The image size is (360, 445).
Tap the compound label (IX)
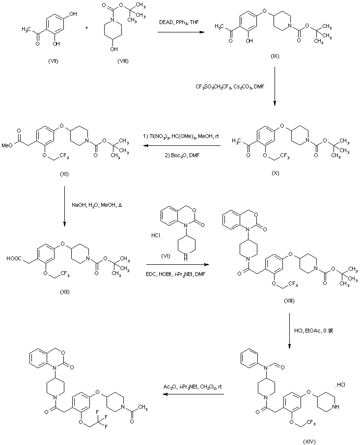pos(275,57)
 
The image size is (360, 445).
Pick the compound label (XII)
pos(64,291)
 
